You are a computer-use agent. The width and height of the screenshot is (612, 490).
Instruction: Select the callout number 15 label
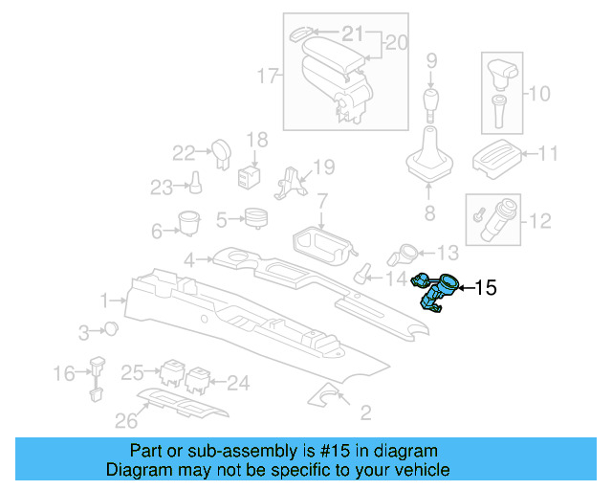tap(486, 287)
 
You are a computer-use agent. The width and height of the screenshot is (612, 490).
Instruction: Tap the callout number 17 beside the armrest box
tap(269, 73)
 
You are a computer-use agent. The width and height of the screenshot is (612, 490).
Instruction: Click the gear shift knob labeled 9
tap(431, 101)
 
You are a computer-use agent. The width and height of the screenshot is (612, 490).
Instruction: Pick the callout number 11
tap(549, 153)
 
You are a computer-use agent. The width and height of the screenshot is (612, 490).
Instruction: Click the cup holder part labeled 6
tap(188, 222)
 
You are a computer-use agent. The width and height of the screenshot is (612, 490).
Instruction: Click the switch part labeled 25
tap(173, 371)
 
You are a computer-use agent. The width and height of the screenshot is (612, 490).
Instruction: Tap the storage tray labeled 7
tap(320, 243)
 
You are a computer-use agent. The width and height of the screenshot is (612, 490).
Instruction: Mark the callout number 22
tap(184, 151)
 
